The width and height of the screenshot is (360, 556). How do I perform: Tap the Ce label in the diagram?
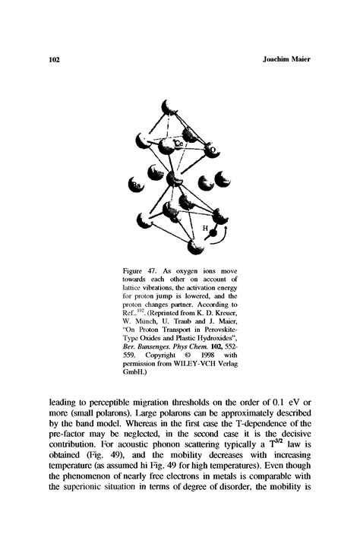179,143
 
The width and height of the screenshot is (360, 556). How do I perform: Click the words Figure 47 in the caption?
143,271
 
